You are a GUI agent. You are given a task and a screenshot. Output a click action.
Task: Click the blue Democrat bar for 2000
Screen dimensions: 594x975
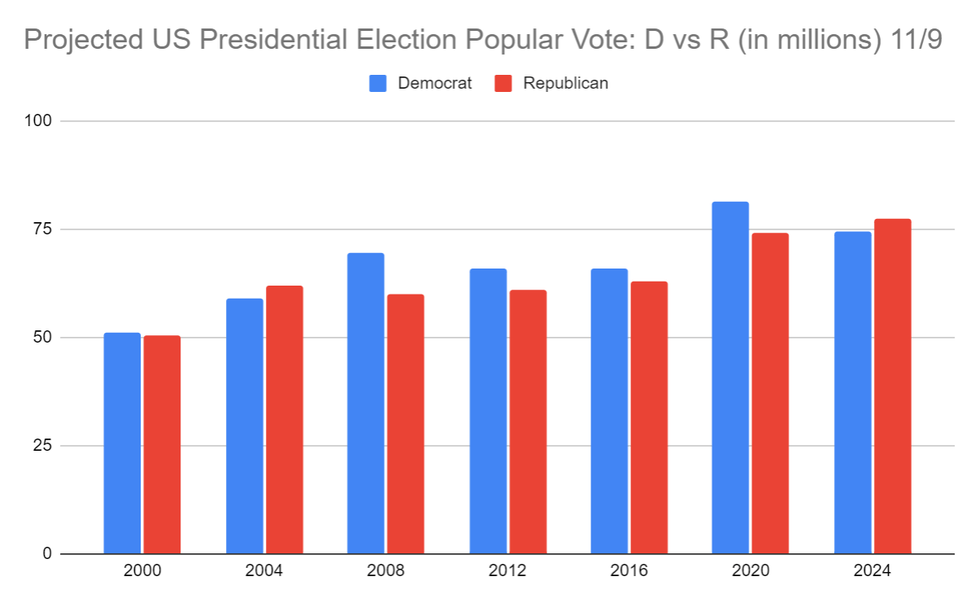[122, 443]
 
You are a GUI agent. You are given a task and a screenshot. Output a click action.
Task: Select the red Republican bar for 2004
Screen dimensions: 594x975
[284, 420]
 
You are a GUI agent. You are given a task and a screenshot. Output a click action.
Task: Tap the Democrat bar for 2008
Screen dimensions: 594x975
[365, 404]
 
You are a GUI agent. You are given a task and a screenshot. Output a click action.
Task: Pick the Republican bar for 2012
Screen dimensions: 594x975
[528, 421]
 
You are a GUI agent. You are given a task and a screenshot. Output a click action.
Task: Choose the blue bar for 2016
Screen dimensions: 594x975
[609, 411]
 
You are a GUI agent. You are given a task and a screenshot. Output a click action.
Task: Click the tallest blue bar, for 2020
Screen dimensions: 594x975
[730, 378]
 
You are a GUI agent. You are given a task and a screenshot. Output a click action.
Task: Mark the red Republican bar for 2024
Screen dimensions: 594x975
[892, 387]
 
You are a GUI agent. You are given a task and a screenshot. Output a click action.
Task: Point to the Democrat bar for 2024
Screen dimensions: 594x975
[852, 393]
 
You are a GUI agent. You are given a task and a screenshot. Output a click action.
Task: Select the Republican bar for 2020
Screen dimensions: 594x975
[770, 393]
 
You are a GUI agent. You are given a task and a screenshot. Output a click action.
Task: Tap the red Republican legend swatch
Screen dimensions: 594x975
[504, 83]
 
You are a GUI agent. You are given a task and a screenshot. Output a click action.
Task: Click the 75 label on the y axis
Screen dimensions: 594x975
[42, 229]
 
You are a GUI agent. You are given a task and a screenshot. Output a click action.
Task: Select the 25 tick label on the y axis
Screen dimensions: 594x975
[42, 446]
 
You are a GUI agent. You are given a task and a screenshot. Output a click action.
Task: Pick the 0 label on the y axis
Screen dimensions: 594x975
[47, 554]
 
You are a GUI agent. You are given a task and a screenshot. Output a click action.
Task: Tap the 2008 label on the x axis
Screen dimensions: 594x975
[385, 571]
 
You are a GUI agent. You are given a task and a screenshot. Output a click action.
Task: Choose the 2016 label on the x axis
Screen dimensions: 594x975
[629, 571]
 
